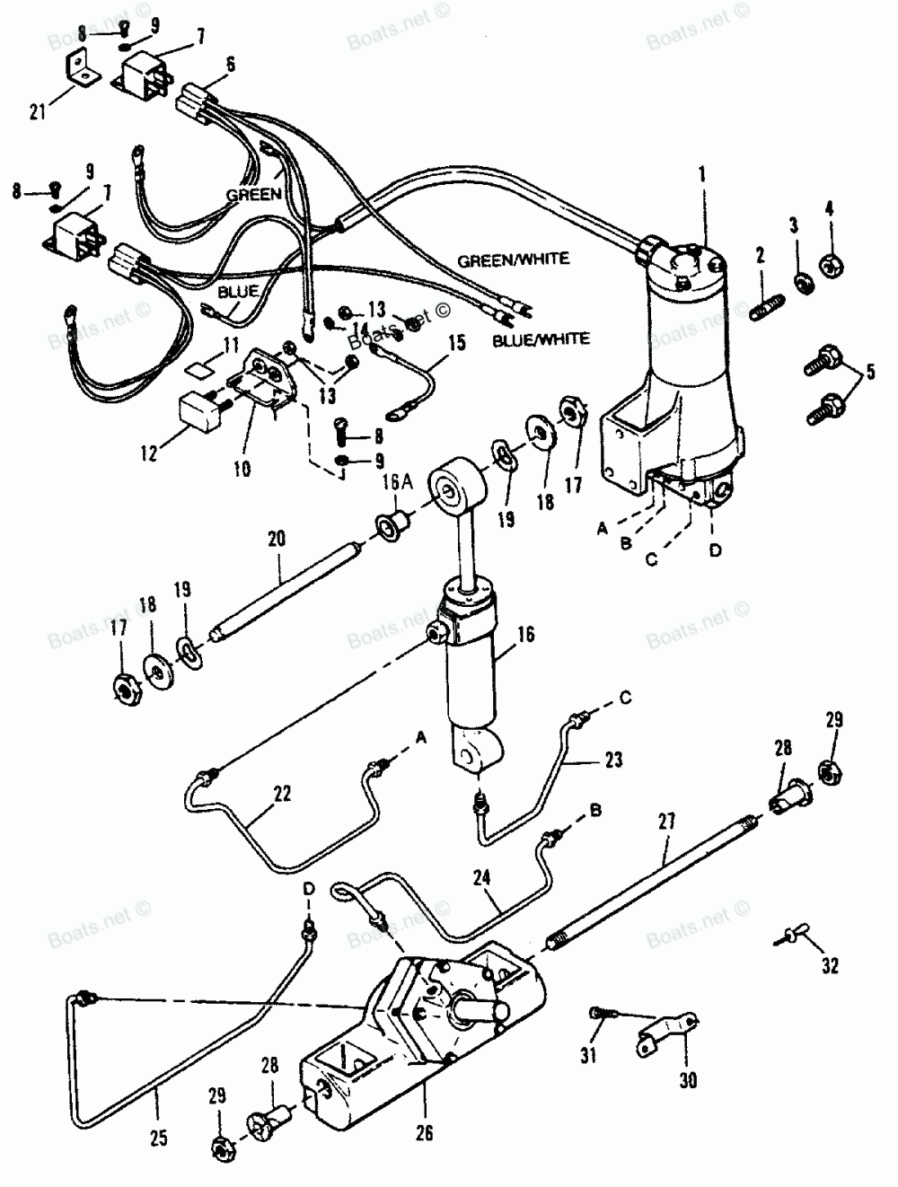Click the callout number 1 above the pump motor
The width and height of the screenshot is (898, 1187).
(702, 170)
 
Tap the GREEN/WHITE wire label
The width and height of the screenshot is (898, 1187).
(513, 259)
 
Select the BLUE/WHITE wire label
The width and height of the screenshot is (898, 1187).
(541, 339)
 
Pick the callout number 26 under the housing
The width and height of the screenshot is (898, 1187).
(425, 1134)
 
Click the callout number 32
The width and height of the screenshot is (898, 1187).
(829, 966)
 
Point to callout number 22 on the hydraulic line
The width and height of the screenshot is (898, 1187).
(282, 793)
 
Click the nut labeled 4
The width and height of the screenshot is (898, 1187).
(830, 267)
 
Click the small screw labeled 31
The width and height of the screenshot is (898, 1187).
(598, 1014)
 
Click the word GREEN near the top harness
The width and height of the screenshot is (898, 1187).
(254, 194)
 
